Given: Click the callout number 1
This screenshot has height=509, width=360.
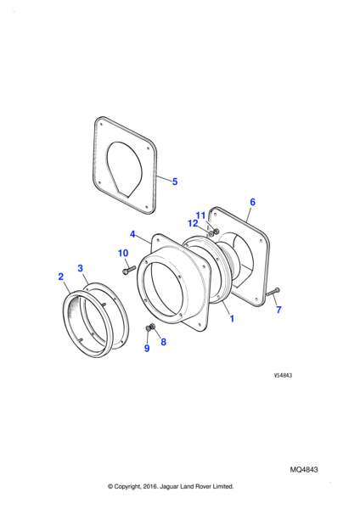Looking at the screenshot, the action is point(232,318).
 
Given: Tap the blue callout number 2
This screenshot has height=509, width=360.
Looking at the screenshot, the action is point(61,277).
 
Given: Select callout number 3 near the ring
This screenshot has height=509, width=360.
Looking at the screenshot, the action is point(81,268).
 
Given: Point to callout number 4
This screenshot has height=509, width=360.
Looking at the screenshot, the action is point(132,234).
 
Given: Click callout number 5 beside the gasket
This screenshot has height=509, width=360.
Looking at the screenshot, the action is point(175,182).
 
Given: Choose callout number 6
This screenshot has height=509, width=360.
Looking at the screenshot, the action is point(252,202).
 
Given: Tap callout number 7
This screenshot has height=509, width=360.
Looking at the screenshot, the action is point(278,310).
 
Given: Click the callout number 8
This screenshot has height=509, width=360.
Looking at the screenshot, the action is point(163,342).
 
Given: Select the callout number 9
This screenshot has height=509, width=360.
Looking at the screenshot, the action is point(147,348).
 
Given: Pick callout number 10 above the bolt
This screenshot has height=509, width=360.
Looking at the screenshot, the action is point(123,253).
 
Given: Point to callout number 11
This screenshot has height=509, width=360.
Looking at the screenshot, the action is point(200,215).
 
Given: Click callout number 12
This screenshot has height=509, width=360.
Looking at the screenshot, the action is point(193,223).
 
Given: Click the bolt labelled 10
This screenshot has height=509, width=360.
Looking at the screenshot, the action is point(129,270).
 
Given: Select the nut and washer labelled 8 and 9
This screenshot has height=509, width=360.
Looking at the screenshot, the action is point(150,327).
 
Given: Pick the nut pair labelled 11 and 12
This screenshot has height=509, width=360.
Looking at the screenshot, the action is point(214,232).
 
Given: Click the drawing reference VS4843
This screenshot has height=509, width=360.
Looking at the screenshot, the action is point(283,375).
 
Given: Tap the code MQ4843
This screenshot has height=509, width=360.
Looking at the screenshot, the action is point(304,469).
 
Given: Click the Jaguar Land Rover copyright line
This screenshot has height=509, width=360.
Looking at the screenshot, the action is point(171,486).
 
